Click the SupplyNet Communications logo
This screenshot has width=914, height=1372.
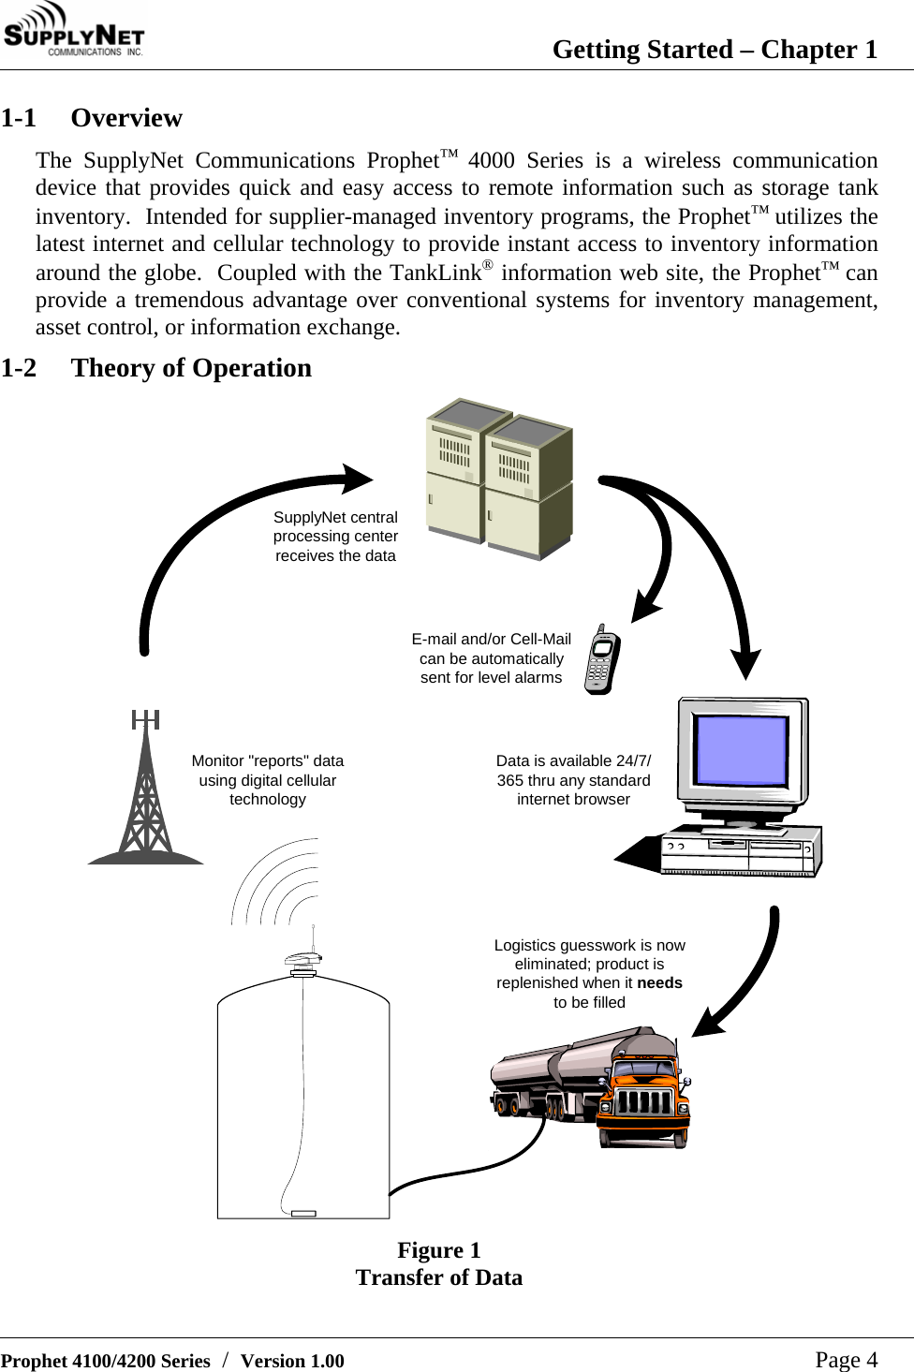73,30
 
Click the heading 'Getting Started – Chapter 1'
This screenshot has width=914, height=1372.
715,50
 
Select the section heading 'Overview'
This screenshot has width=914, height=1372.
126,118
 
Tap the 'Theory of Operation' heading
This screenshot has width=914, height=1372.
191,368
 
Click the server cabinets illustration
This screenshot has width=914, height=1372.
499,479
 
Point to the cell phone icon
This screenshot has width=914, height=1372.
602,659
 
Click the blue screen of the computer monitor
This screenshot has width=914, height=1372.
741,749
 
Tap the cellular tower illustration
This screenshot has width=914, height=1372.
146,791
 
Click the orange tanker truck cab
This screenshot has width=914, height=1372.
644,1096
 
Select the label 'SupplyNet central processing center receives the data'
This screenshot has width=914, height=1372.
335,537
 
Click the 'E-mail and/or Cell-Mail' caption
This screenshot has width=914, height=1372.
492,639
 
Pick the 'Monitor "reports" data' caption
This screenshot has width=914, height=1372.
268,761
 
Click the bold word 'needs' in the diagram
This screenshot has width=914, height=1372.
659,983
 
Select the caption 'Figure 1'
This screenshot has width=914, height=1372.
438,1250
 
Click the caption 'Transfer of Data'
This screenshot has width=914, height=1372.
438,1277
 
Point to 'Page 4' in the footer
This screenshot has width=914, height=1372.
846,1360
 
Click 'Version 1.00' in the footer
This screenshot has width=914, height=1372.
292,1362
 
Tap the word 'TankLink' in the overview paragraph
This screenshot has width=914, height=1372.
435,273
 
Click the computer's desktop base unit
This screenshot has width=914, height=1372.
740,851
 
